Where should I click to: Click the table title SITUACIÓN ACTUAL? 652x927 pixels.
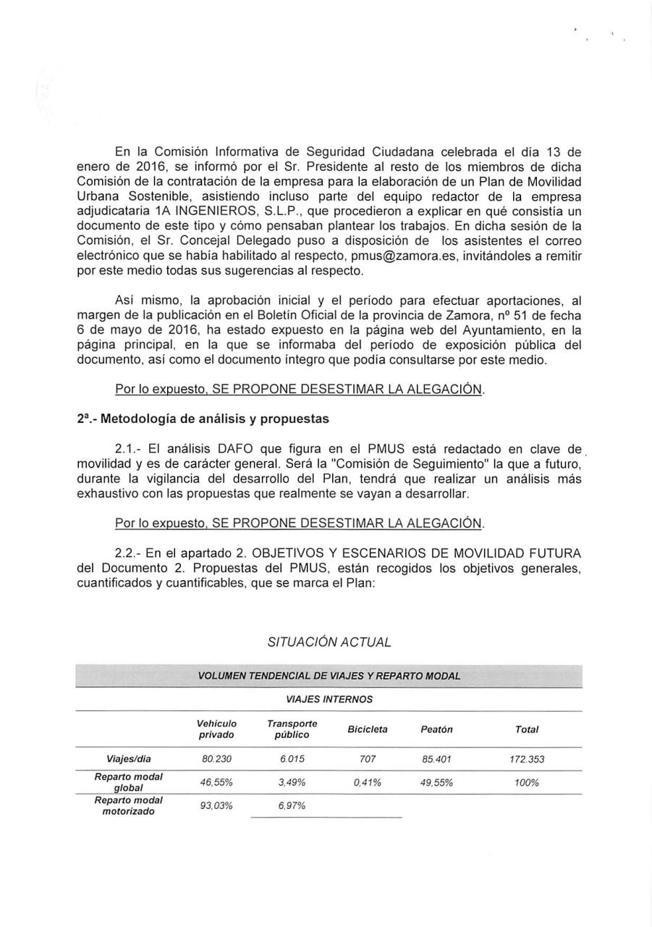[329, 642]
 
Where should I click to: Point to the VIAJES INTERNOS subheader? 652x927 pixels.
[329, 699]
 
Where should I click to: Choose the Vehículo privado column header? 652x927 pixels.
[216, 729]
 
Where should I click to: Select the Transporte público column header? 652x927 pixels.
[292, 729]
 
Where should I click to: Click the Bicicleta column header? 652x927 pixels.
[368, 729]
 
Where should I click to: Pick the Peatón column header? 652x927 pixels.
[436, 729]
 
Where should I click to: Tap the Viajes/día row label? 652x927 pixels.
[128, 759]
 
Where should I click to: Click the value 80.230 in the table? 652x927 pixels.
[216, 759]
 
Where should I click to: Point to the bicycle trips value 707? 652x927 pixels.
[368, 759]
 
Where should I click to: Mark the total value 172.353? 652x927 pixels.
[527, 759]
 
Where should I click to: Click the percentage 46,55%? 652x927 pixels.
[216, 783]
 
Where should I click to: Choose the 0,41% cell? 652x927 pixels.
[368, 783]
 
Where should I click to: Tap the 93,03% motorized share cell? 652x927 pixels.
[216, 806]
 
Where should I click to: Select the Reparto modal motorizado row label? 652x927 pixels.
[128, 806]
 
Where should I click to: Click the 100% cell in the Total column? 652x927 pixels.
[527, 783]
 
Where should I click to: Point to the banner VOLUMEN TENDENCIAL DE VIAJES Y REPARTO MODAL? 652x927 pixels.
[329, 676]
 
